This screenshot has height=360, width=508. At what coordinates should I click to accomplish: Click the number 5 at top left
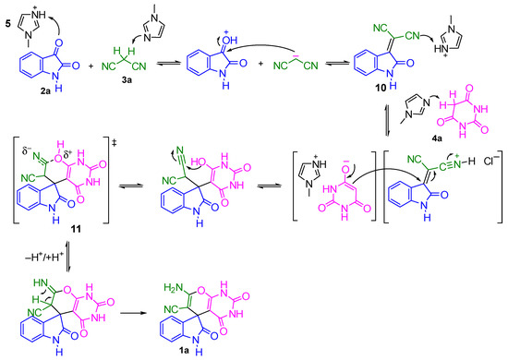pos(7,12)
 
